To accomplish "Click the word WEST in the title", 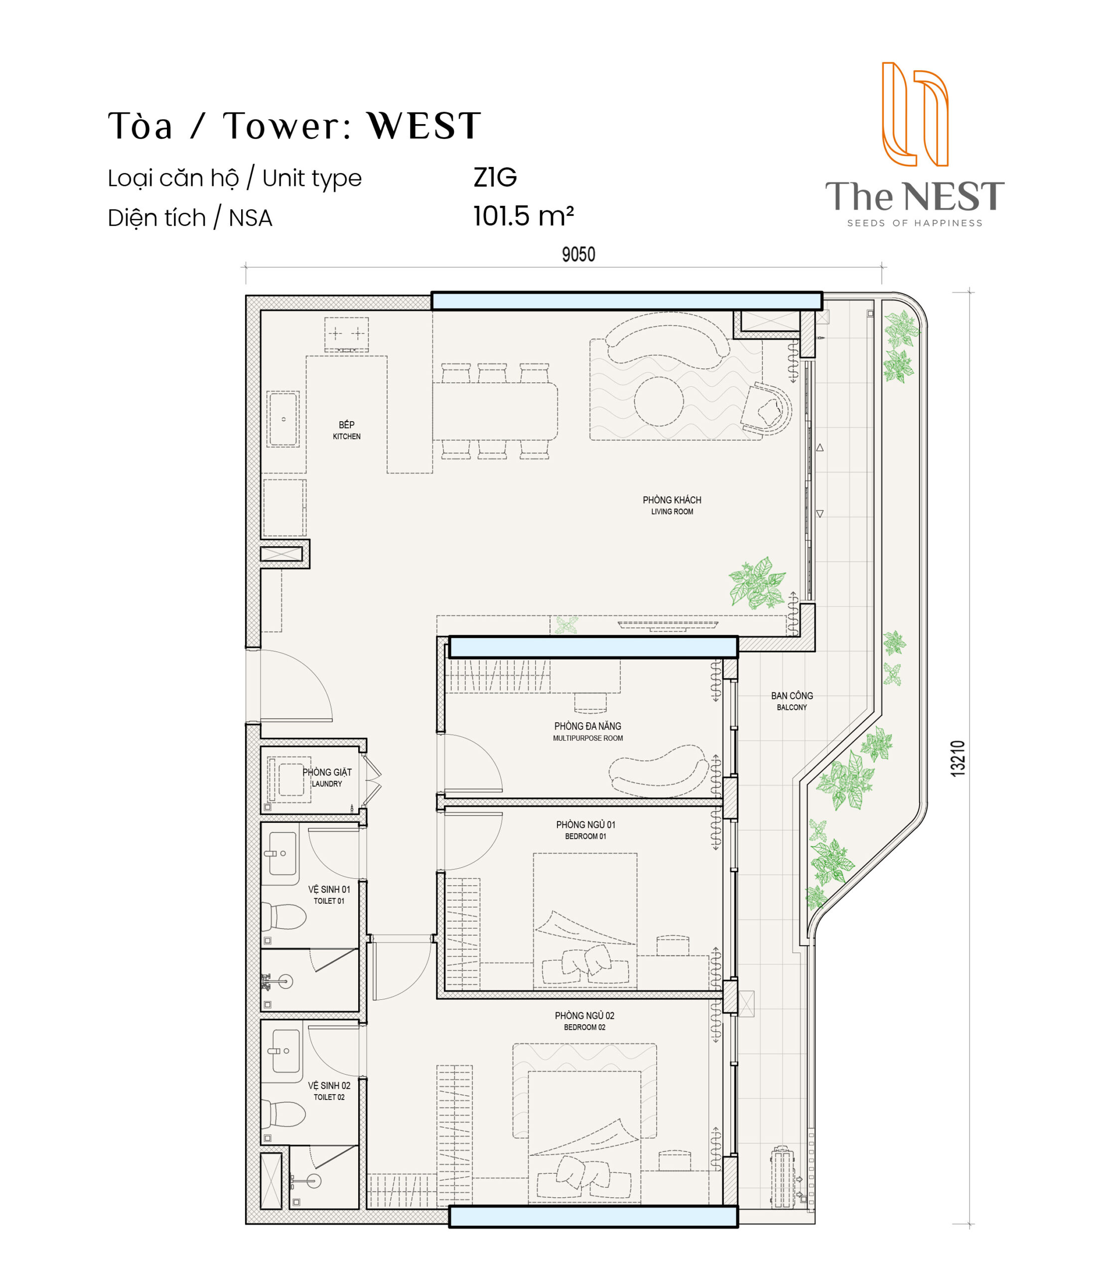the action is (x=424, y=126).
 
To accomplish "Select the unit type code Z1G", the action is (x=495, y=178).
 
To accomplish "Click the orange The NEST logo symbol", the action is (x=915, y=114).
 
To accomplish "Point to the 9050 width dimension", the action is (x=578, y=254).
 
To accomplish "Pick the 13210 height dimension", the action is (x=958, y=758).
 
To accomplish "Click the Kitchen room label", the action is (x=346, y=430).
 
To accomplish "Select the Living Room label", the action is (x=672, y=505).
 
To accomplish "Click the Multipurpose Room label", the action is (x=587, y=732).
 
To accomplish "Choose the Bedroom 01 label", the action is (x=585, y=830).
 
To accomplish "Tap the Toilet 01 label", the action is (x=329, y=895).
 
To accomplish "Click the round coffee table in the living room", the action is (x=659, y=401).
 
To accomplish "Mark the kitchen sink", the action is (x=283, y=419).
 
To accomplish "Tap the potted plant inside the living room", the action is (x=757, y=583).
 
